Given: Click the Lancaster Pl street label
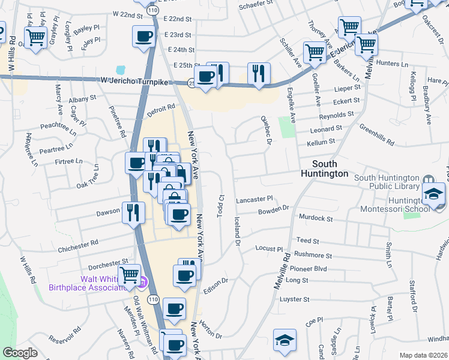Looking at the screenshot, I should (255, 198).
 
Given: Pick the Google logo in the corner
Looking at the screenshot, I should (20, 353).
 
